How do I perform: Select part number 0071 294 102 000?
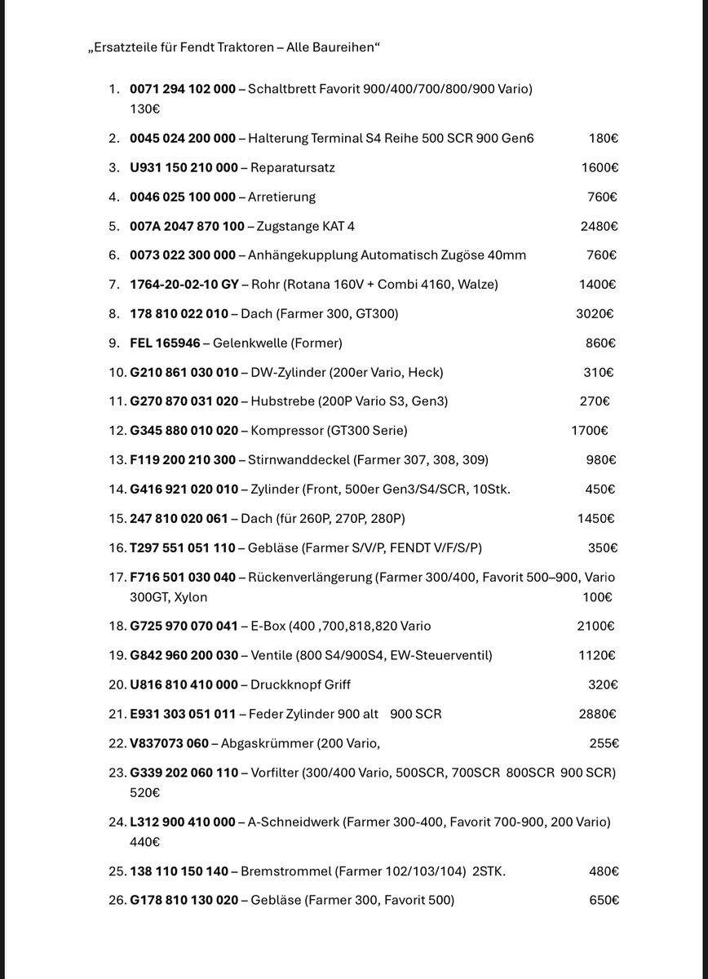[x=183, y=88]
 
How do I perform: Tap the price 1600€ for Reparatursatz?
[x=600, y=167]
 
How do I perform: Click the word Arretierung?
[x=281, y=197]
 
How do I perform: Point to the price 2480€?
[x=599, y=226]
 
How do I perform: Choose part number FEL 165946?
[x=165, y=343]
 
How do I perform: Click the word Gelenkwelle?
[x=250, y=343]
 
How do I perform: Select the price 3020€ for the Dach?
[x=595, y=313]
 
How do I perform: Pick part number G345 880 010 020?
[x=184, y=430]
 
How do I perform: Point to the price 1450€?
[x=596, y=518]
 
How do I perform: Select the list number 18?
[x=117, y=626]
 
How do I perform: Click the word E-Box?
[x=266, y=626]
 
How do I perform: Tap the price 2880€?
[x=598, y=714]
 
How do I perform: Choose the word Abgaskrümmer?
[x=268, y=743]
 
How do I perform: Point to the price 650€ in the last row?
[x=604, y=900]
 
